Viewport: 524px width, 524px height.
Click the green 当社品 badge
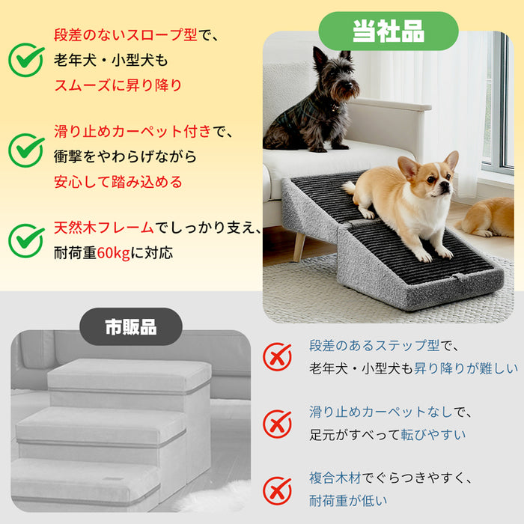pyautogui.click(x=388, y=31)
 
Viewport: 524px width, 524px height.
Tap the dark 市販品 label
pyautogui.click(x=130, y=327)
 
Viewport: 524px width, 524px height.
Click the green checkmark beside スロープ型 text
pyautogui.click(x=26, y=60)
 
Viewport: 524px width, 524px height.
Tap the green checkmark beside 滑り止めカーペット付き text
pyautogui.click(x=26, y=150)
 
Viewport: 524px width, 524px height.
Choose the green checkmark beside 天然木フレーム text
pyautogui.click(x=26, y=240)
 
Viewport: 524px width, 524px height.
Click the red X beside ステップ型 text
pyautogui.click(x=278, y=357)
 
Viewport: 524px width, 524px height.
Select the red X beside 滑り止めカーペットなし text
pyautogui.click(x=278, y=424)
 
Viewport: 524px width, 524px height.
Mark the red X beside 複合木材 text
pyautogui.click(x=278, y=490)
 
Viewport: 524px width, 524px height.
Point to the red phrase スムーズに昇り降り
pyautogui.click(x=118, y=85)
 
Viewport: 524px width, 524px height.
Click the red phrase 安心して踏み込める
pyautogui.click(x=118, y=182)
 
